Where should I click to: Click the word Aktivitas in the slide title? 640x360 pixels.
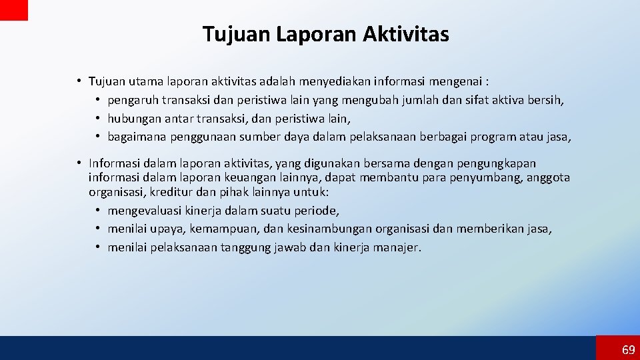pos(406,34)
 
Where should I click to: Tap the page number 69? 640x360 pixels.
pos(628,350)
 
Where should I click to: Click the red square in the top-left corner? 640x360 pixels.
pos(14,10)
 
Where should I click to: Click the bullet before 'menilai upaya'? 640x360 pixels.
pos(97,229)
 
